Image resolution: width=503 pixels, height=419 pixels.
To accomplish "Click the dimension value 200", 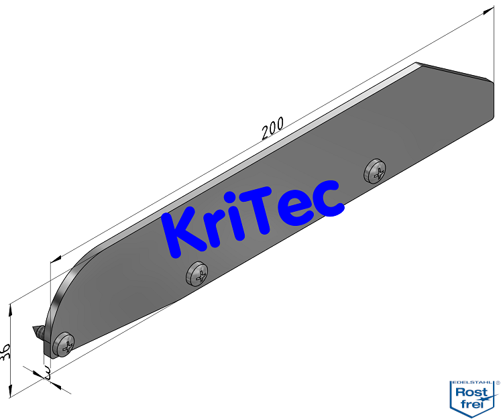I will (x=273, y=127).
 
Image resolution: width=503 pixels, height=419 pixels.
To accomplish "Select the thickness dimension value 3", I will (x=47, y=372).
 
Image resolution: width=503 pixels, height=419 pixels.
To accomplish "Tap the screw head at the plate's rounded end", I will (x=66, y=345).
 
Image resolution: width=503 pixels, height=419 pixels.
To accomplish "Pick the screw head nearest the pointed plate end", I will (x=376, y=172).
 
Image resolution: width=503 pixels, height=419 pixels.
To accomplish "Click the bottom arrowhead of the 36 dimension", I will (x=11, y=396).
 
